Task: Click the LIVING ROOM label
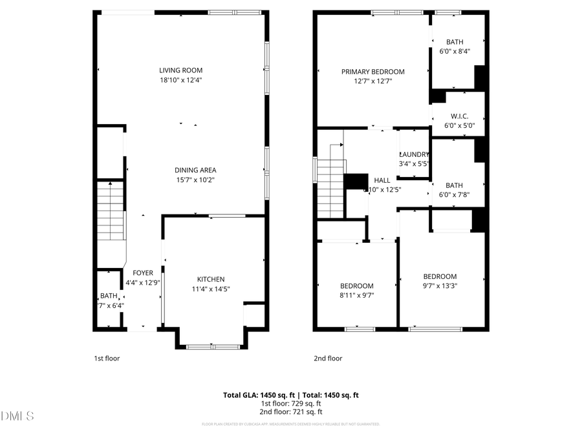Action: (181, 70)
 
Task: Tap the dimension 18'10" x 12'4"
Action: (181, 80)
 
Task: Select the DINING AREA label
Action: (195, 170)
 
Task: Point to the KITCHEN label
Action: (211, 279)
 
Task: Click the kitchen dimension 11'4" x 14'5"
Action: (211, 289)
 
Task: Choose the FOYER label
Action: (142, 273)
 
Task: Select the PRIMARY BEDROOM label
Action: (373, 72)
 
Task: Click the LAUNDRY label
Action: (414, 154)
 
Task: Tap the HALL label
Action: (381, 180)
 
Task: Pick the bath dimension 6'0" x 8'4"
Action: (455, 51)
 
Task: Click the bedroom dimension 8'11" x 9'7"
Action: (357, 295)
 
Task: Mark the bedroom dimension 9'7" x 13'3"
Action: (440, 285)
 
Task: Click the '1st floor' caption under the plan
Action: (107, 358)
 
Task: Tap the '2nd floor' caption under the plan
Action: (328, 358)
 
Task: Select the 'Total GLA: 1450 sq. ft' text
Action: (255, 395)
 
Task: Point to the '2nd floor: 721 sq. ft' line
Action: (291, 411)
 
